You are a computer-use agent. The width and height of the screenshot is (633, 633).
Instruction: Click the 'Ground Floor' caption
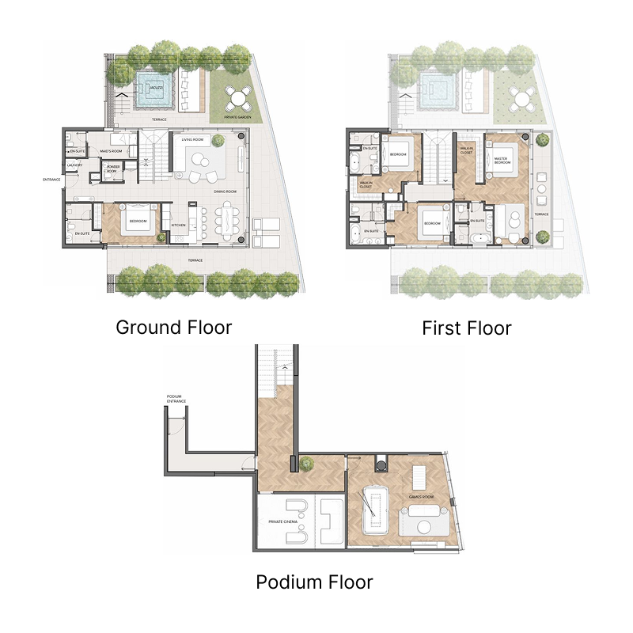coord(174,327)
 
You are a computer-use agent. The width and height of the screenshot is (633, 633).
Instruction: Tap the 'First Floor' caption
coord(466,328)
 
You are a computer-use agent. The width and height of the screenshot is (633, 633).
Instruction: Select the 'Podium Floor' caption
coord(314,583)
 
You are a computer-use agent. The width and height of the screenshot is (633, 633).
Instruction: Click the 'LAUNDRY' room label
coord(75,165)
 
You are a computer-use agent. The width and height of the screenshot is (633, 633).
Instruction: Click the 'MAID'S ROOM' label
coord(110,150)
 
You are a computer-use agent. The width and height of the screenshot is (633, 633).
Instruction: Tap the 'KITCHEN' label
coord(179,225)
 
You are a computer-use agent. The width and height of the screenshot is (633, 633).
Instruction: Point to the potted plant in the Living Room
coord(219,140)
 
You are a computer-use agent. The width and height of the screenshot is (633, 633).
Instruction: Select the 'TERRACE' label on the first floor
coord(541,214)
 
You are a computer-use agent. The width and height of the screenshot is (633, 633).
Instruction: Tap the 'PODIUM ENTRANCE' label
coord(176,399)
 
